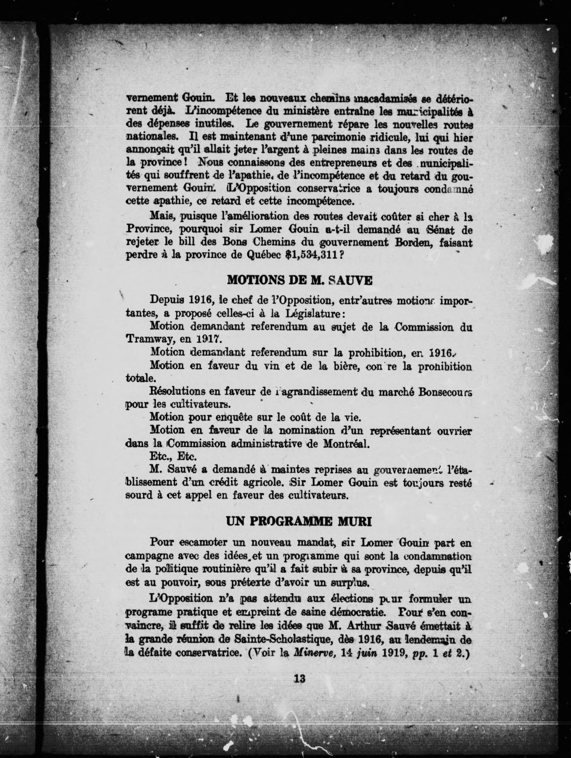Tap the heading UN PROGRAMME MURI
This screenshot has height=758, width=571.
pos(299,522)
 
